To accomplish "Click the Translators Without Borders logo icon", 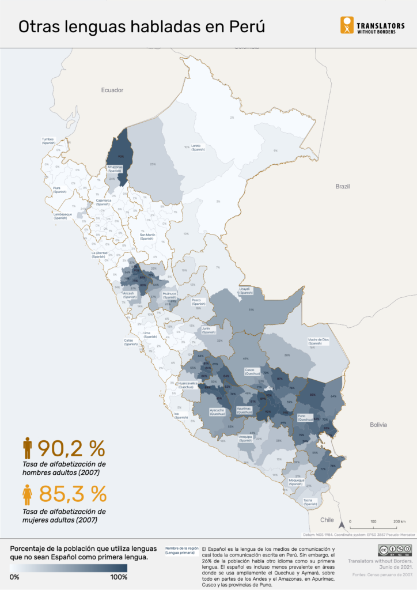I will point(347,25).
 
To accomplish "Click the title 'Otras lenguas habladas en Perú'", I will point(142,27).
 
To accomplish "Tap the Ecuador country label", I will point(112,90).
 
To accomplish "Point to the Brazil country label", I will point(343,186).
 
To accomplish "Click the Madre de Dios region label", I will point(319,341).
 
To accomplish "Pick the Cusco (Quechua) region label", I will point(252,371).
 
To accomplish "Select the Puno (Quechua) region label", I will point(305,418).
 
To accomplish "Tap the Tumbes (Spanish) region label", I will point(48,141).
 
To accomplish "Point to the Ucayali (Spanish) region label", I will point(246,291).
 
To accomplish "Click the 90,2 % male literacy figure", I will point(71,448).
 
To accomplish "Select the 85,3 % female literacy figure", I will point(73,494).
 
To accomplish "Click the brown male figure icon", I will point(27,448).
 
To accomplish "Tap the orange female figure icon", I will point(27,494).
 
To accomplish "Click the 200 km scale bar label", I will point(399,521).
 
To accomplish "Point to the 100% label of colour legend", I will point(119,577).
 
